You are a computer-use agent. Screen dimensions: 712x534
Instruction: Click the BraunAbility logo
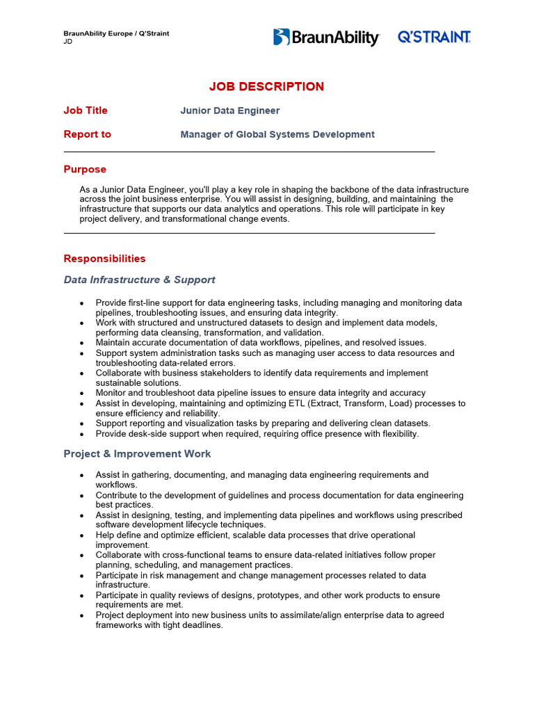click(x=326, y=38)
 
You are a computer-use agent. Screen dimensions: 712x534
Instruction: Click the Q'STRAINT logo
click(x=434, y=38)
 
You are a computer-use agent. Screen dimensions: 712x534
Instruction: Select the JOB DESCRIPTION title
click(x=266, y=87)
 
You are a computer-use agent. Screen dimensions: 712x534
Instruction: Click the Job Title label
click(x=86, y=111)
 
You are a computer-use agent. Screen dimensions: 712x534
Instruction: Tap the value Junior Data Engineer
click(x=229, y=111)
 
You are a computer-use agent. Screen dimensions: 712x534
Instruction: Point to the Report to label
click(x=87, y=134)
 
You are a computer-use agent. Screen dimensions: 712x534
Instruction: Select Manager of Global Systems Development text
click(x=277, y=134)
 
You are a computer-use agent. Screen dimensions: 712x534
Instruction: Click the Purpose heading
click(x=85, y=169)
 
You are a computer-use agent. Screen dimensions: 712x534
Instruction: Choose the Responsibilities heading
click(x=104, y=259)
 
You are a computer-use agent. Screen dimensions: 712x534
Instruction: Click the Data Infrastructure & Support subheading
click(x=139, y=280)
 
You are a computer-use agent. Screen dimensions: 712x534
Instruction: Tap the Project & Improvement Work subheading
click(x=137, y=453)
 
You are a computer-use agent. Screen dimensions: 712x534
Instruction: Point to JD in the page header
click(x=67, y=41)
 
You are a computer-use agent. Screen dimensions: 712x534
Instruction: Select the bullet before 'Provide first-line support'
click(x=82, y=304)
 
